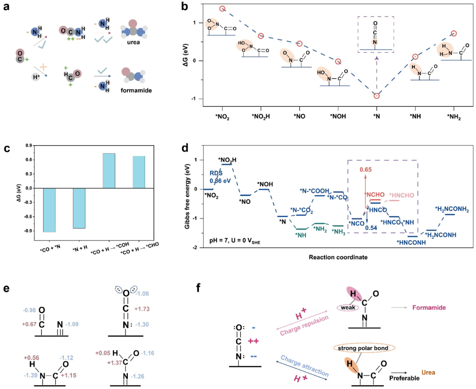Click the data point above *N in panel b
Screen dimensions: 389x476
click(x=376, y=96)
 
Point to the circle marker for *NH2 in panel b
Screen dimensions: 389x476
click(x=454, y=34)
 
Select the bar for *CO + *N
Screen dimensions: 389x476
click(x=55, y=210)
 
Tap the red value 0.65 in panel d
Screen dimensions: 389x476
click(x=365, y=168)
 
